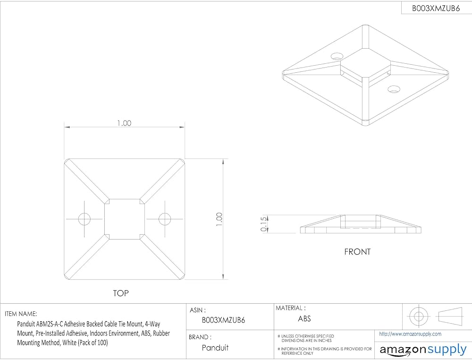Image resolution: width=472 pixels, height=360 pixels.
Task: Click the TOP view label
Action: click(x=121, y=293)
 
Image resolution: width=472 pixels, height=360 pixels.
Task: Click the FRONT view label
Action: click(x=357, y=251)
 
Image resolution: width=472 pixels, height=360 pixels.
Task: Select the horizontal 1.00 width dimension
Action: click(x=124, y=123)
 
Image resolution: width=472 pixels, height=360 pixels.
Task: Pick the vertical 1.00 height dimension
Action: click(x=219, y=219)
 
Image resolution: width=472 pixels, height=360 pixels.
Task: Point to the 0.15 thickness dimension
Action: click(x=264, y=224)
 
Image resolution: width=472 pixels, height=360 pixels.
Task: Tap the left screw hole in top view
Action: click(x=84, y=219)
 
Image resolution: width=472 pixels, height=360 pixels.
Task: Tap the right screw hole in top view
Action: click(x=165, y=219)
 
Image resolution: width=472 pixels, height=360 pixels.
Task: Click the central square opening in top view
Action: click(x=124, y=219)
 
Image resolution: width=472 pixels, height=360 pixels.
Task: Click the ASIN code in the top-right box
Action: click(x=436, y=8)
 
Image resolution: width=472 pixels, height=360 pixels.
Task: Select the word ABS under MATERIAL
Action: click(x=304, y=319)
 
